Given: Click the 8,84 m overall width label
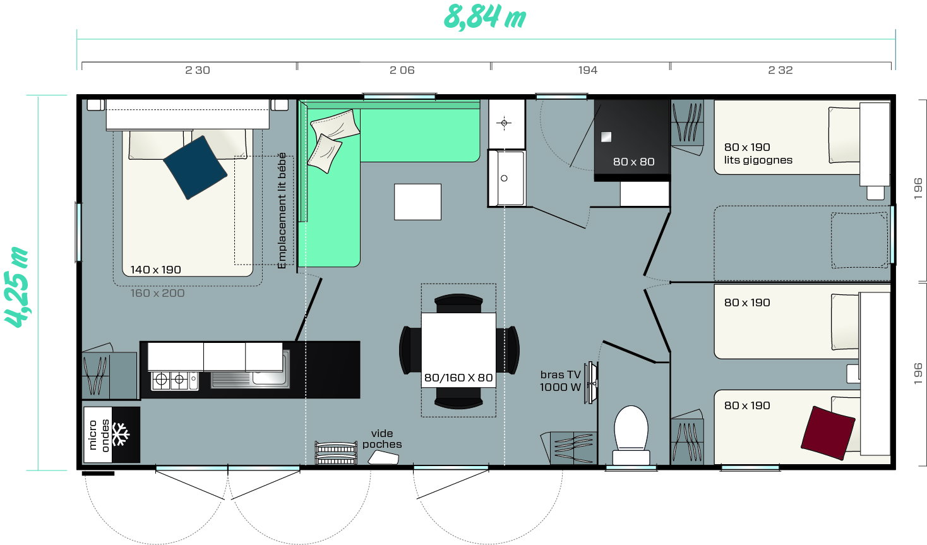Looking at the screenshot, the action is point(484,18).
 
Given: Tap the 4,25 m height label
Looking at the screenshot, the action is point(16,287).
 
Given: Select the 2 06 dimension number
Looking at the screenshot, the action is point(402,70).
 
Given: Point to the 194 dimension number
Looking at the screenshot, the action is point(588,70).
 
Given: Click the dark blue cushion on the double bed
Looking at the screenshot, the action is point(195,167).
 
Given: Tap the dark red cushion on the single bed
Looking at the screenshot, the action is point(828,433).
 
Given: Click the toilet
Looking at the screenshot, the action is point(631,435).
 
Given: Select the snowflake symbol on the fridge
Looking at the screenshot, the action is point(121,434).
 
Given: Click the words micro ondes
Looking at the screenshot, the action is point(99,435).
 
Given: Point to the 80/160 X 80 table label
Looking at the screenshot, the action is point(458,378).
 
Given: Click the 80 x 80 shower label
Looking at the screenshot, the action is point(633,162).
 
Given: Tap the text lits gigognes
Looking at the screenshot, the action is point(758,160).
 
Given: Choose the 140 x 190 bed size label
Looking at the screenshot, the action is point(155,270).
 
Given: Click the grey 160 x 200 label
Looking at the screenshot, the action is point(157,294).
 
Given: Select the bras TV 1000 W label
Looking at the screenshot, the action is point(560,381).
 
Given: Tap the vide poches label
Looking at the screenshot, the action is point(382,439).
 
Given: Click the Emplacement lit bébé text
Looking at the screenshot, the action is point(282,211).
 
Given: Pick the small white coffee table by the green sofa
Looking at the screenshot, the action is point(417,202).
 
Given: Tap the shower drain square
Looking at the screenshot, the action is point(606,137).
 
